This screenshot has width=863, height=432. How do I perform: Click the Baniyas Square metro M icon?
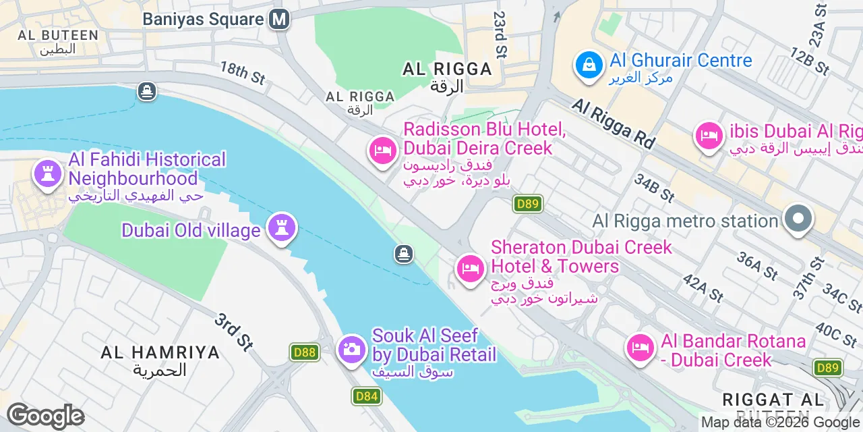pos(279,19)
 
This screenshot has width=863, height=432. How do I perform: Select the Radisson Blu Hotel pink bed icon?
pos(382,150)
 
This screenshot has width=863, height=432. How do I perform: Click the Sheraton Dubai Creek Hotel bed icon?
pos(470,269)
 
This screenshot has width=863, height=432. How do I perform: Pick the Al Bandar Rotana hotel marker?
pos(640,348)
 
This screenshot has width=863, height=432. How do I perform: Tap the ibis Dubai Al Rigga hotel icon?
pos(709,136)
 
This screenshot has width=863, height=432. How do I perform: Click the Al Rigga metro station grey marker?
pos(798,220)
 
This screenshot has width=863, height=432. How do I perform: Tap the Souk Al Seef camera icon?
pos(351,349)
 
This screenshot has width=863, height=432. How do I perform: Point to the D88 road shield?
pos(305,352)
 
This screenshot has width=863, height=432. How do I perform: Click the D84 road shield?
pos(366,396)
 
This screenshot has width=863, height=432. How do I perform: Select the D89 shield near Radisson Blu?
pos(527,203)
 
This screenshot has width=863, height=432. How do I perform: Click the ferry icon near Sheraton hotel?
pos(403,254)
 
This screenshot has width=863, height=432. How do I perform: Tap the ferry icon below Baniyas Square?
pos(147,91)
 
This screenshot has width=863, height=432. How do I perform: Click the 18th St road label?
pos(243,73)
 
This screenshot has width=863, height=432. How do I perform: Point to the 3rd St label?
pos(234,332)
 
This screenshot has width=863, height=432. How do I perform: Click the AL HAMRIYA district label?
pos(160,352)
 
